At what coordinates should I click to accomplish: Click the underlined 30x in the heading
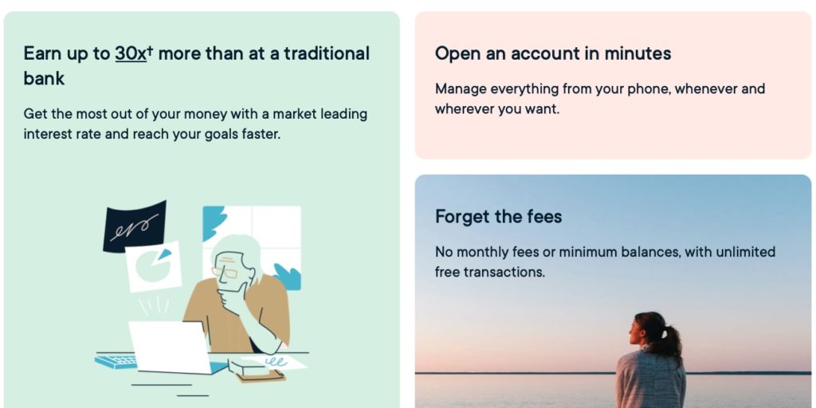click(131, 53)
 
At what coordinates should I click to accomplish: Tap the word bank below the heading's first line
click(45, 79)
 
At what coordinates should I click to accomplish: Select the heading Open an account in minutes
click(553, 53)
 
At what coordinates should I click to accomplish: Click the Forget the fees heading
click(499, 217)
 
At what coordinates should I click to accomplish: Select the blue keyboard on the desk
click(116, 360)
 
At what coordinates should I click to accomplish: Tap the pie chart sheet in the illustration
click(154, 266)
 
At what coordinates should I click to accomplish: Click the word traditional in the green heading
click(327, 53)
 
